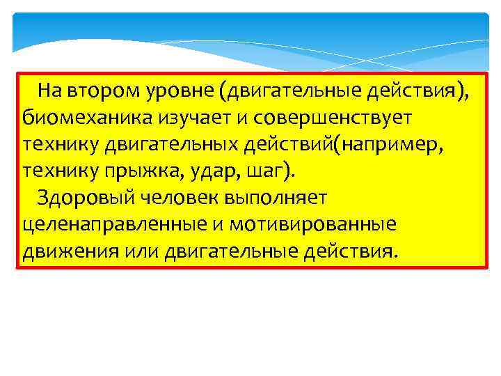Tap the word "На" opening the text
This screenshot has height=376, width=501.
click(x=49, y=91)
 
